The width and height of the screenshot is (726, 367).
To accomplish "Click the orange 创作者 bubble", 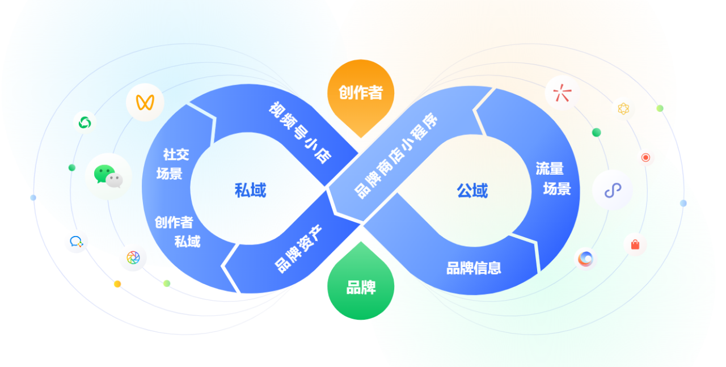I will (361, 93).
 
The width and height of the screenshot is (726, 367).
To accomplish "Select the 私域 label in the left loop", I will (250, 190).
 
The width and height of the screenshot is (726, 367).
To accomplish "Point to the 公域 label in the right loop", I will (472, 191).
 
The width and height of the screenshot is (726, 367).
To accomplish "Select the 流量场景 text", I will (554, 178).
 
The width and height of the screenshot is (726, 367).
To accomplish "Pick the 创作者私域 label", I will (177, 231).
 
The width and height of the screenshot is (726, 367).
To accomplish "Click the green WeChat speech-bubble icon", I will (108, 175).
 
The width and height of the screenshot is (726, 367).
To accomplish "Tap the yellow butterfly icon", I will (145, 103).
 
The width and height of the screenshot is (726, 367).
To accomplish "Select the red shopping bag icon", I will (635, 244).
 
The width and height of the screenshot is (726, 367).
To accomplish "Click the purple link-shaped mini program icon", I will (613, 191).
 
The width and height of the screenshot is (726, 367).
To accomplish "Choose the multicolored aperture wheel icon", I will (133, 258).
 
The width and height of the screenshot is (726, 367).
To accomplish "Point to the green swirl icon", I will (85, 122).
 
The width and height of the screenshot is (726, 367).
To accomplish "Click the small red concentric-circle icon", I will (645, 157).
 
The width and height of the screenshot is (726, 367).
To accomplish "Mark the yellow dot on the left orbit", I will (117, 284).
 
